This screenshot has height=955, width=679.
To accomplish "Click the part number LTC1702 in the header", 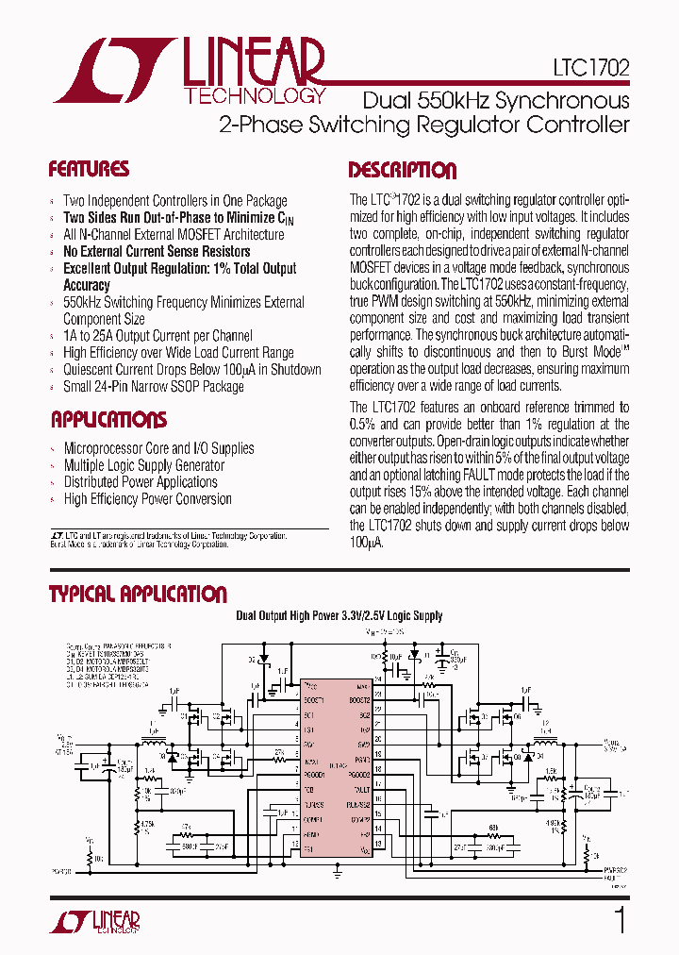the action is (591, 69).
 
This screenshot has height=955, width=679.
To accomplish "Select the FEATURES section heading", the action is (89, 170).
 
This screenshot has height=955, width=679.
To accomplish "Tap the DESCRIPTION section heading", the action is (403, 171).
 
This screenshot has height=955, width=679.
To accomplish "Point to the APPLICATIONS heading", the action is (108, 420).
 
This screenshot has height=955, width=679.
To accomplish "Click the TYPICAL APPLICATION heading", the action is (138, 595).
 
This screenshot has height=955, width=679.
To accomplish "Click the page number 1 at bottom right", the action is (620, 919).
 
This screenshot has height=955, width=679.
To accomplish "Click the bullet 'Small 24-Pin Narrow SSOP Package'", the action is (154, 386).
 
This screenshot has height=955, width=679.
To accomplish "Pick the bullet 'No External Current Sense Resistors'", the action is (157, 251).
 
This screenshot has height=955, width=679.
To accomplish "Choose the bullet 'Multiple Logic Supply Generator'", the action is (143, 465).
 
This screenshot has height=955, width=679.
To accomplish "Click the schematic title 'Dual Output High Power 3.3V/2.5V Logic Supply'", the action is (339, 616).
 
